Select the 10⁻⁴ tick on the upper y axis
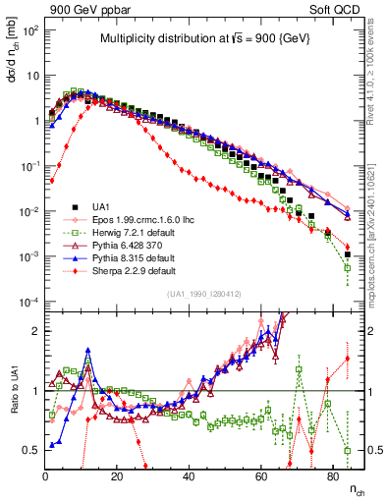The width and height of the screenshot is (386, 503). [29, 302]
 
